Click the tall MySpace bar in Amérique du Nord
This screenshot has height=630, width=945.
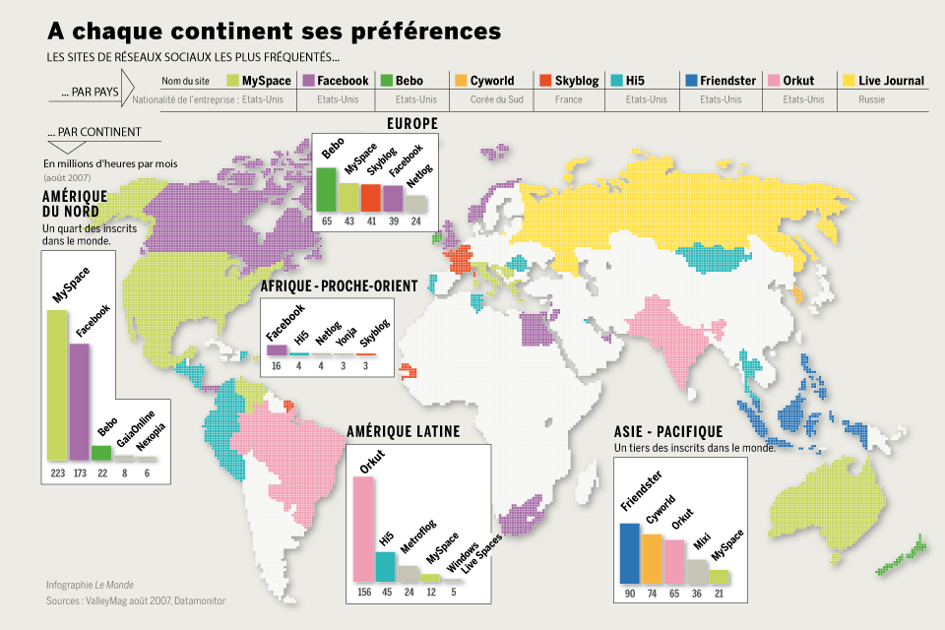[57, 386]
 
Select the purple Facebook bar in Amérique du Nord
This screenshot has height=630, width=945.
[79, 402]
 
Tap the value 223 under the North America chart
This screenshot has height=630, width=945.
[57, 473]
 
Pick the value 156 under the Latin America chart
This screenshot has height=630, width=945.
[363, 593]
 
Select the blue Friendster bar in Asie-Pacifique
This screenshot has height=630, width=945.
[629, 553]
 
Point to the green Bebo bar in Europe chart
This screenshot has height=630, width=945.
[326, 189]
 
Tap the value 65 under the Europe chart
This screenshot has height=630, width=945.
[326, 222]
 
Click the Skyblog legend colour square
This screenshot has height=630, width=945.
[546, 80]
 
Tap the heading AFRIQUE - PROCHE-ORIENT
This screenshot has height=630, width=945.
[339, 285]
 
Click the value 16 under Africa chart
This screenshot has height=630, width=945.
[277, 365]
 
